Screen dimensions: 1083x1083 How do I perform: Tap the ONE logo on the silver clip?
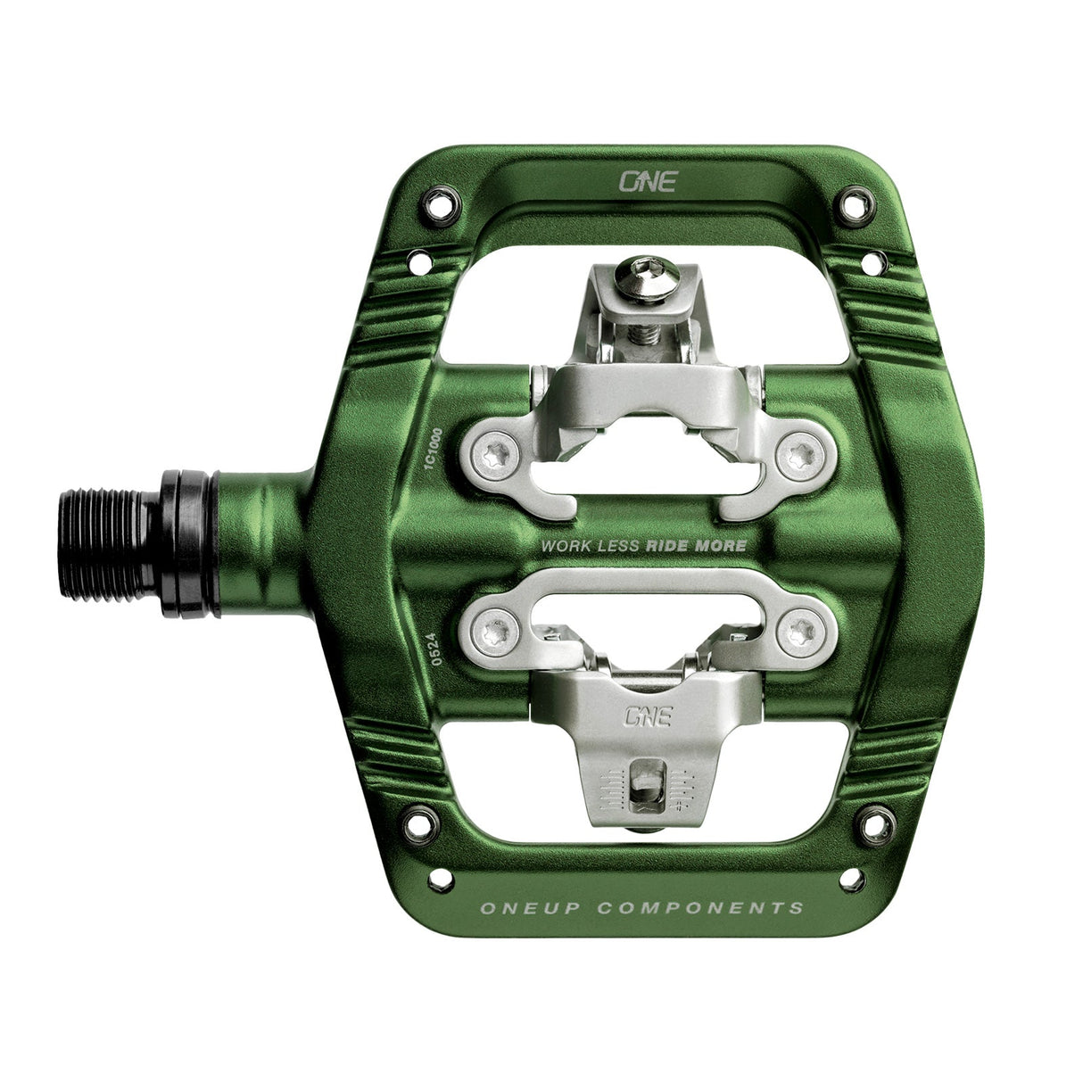pos(649,716)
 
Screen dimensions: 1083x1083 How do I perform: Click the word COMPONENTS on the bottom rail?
pos(700,909)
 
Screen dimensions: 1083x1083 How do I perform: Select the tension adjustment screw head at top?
pos(649,269)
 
